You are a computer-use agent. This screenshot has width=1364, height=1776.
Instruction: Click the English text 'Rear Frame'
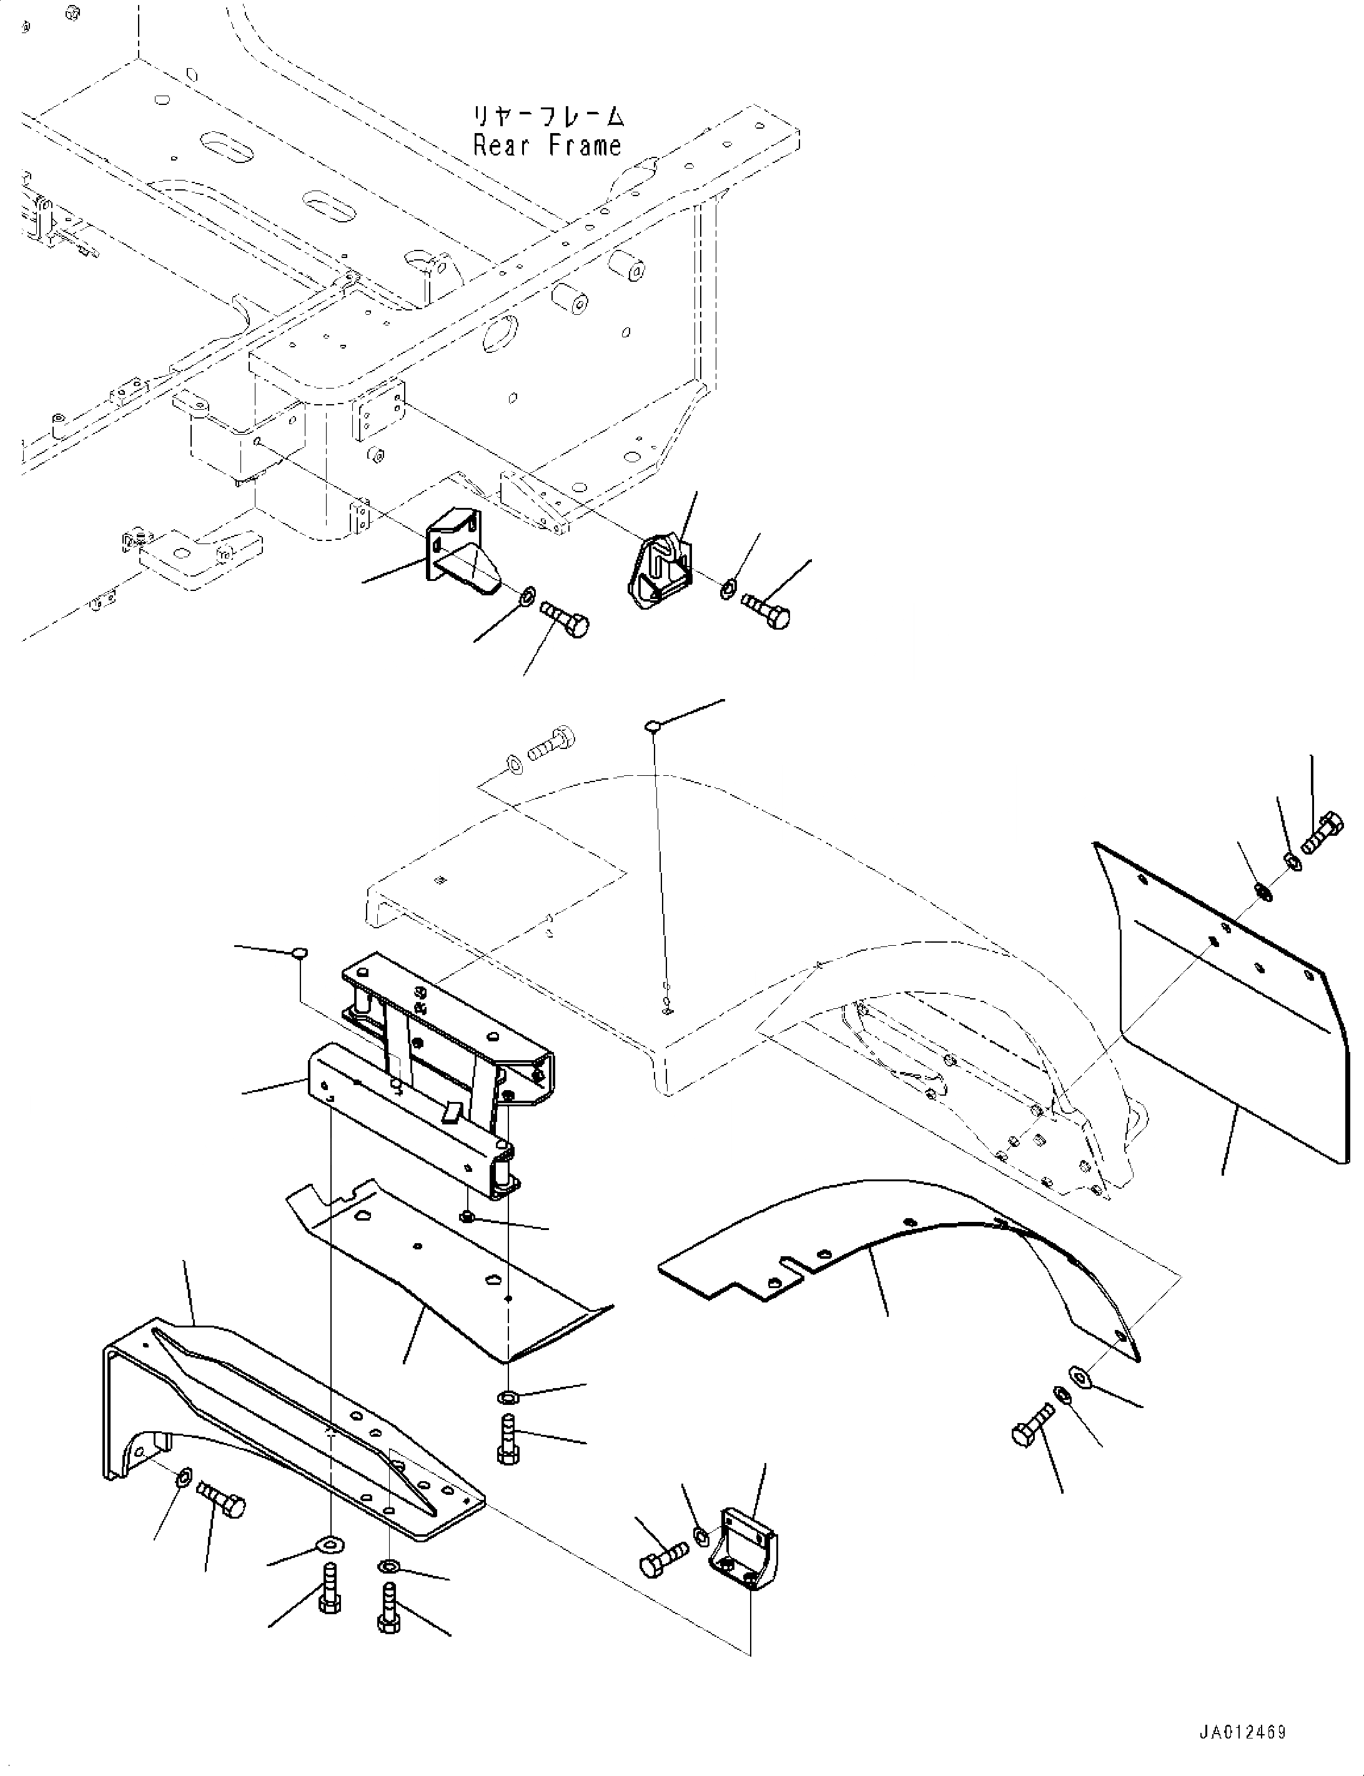pos(547,147)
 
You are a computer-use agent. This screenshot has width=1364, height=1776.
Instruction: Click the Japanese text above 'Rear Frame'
pos(549,117)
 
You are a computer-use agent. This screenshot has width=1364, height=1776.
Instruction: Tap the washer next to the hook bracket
pos(728,587)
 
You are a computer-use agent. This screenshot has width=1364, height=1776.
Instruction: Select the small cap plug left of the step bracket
pos(299,951)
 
